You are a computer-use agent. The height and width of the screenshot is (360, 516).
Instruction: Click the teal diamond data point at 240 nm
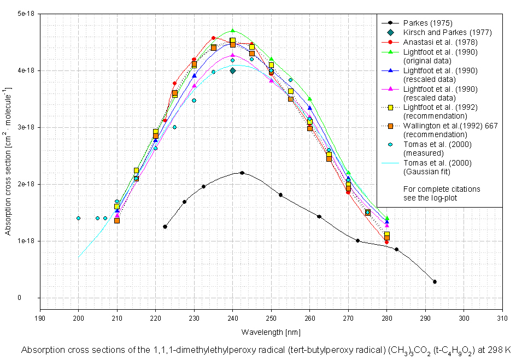click(x=233, y=70)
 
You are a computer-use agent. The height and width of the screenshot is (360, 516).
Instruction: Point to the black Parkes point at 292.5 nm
click(x=435, y=282)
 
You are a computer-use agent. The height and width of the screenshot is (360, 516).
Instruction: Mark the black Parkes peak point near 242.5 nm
click(x=242, y=173)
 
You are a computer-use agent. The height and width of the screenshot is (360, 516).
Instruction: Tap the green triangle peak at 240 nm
click(x=233, y=31)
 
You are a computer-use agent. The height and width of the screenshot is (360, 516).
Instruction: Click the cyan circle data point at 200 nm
click(x=78, y=218)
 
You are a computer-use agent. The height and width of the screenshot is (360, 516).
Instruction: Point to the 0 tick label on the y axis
click(x=34, y=298)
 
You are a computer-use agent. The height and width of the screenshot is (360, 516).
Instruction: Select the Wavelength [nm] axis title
click(x=271, y=332)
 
